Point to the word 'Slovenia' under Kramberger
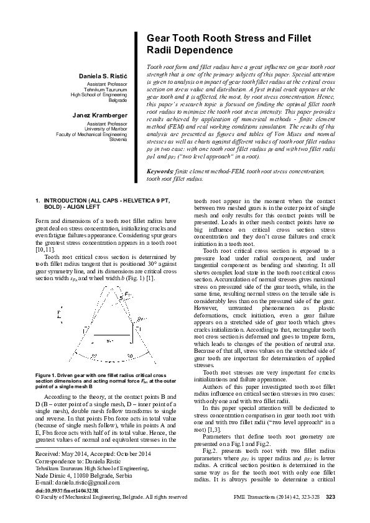(x=118, y=140)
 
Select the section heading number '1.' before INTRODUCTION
(x=39, y=201)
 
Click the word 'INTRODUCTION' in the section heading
(x=69, y=201)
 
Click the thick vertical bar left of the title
(x=135, y=106)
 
